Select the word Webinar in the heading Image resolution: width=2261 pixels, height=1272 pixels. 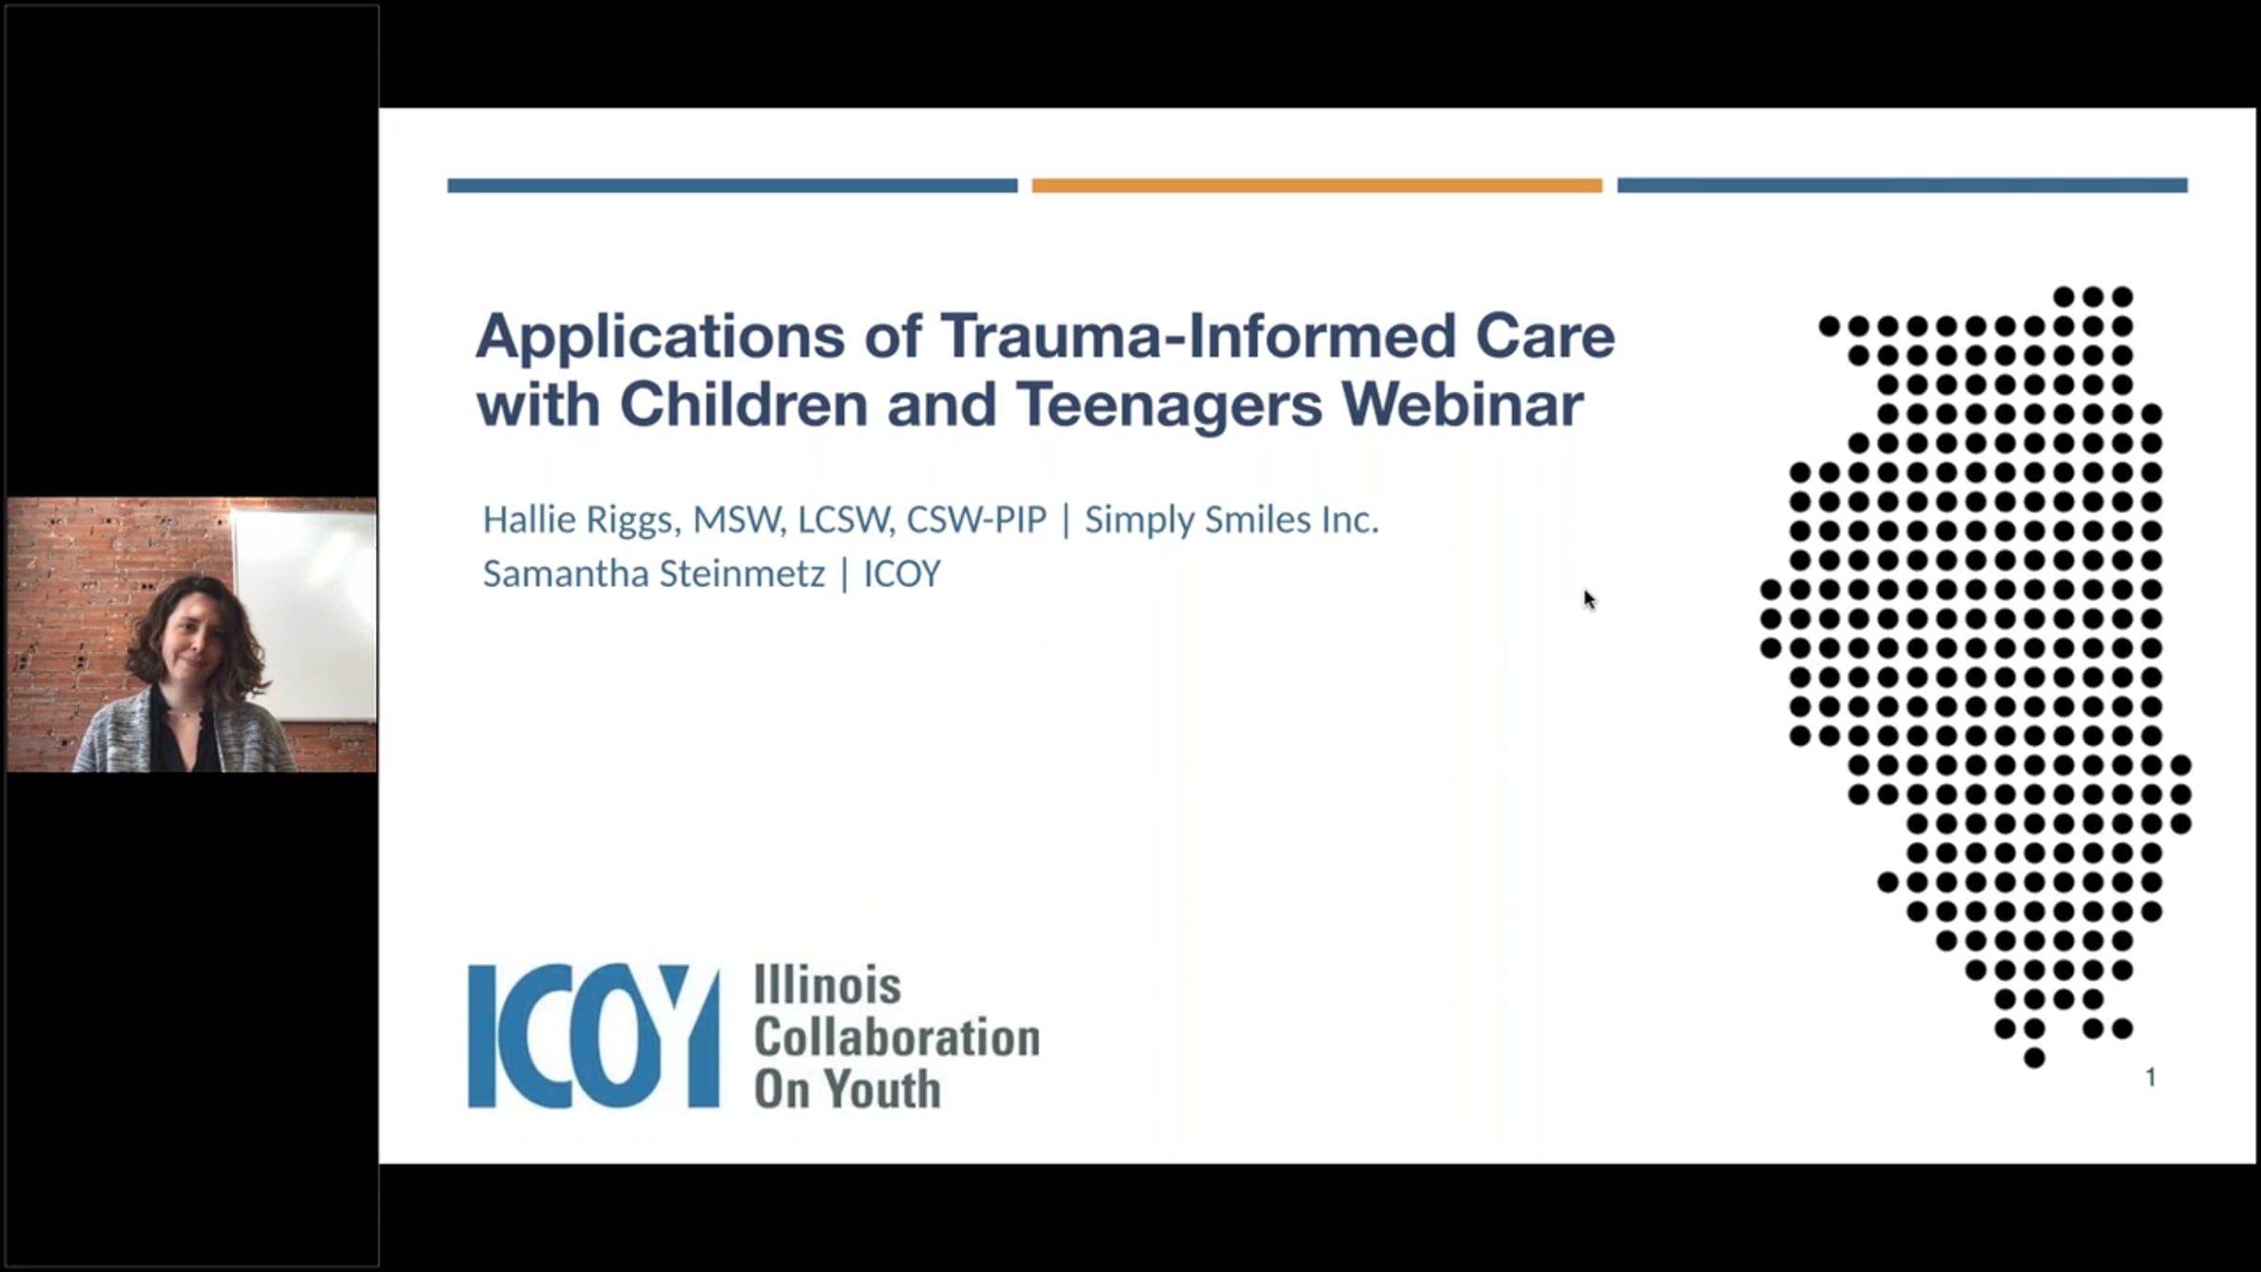pyautogui.click(x=1462, y=404)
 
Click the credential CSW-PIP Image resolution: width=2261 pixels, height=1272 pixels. pyautogui.click(x=976, y=519)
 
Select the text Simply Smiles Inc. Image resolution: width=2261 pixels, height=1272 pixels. pyautogui.click(x=1231, y=520)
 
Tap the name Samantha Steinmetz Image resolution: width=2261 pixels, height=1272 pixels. pyautogui.click(x=654, y=574)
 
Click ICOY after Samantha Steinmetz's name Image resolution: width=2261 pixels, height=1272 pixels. pyautogui.click(x=902, y=574)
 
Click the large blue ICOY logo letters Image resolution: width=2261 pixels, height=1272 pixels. pyautogui.click(x=594, y=1036)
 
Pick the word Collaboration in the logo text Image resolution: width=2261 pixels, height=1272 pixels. pyautogui.click(x=897, y=1037)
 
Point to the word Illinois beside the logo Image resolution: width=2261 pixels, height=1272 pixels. pyautogui.click(x=827, y=986)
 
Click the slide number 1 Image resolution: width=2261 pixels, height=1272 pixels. pyautogui.click(x=2150, y=1077)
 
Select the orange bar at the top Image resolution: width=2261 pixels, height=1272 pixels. pyautogui.click(x=1317, y=186)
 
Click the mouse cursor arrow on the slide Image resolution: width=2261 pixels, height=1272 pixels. pyautogui.click(x=1588, y=599)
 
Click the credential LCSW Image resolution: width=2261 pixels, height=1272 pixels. pyautogui.click(x=844, y=520)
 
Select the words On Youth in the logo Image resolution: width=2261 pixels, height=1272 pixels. pyautogui.click(x=847, y=1089)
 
